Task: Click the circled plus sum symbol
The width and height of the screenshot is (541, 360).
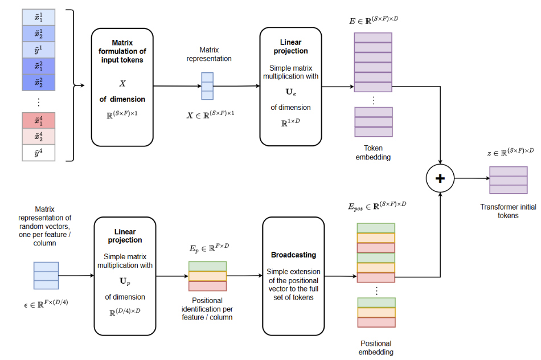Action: (x=440, y=178)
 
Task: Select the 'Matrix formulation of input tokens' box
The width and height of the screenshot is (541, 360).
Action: (x=122, y=87)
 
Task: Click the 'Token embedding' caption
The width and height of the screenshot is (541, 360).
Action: (x=373, y=152)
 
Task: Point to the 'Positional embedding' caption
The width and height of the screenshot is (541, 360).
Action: (x=376, y=347)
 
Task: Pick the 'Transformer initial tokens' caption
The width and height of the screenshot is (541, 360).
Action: (x=508, y=211)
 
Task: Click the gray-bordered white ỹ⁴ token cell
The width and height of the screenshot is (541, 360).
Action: (x=39, y=153)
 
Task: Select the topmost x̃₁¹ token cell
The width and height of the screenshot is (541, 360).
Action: (x=39, y=18)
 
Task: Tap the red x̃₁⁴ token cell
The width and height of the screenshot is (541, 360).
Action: (x=39, y=121)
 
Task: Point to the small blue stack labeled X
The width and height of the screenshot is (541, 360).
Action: (x=207, y=87)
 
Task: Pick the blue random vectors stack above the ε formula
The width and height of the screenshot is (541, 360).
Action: (x=46, y=276)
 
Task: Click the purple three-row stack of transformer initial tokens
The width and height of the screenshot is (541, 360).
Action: (x=508, y=180)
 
